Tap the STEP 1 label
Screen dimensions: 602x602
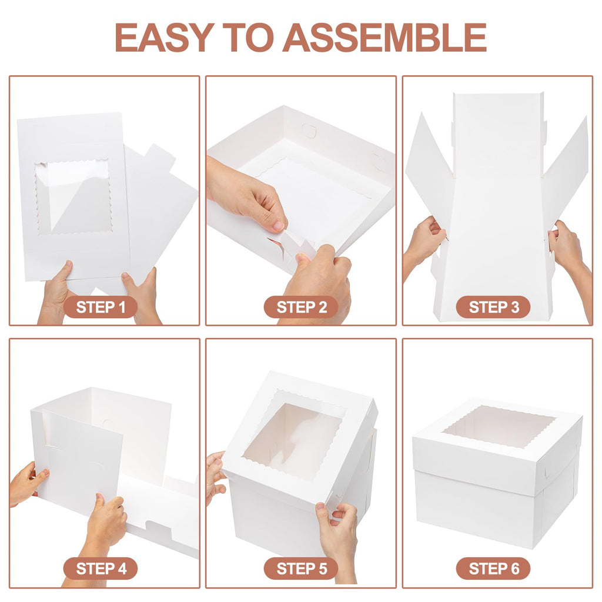pyautogui.click(x=100, y=307)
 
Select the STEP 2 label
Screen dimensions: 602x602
pyautogui.click(x=300, y=307)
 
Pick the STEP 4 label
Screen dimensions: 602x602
pyautogui.click(x=100, y=568)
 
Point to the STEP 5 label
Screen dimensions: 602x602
pyautogui.click(x=300, y=568)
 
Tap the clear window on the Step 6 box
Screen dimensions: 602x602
pyautogui.click(x=499, y=426)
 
